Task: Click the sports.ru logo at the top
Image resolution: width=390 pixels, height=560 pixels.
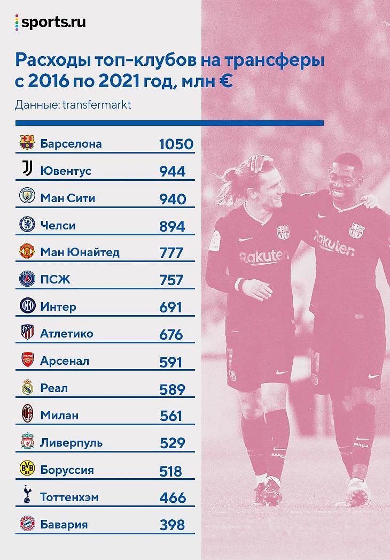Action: coord(51,23)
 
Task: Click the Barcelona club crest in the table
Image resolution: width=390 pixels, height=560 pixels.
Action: coord(27,143)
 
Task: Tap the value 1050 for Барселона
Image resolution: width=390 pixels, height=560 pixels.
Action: coord(176,144)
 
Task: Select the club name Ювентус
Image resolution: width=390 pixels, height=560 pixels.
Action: coord(66,171)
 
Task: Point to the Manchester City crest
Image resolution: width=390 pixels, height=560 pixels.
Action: coord(27,197)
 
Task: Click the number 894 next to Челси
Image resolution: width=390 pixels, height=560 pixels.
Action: coord(172,226)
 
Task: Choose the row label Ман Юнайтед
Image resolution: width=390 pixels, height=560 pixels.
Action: coord(80,252)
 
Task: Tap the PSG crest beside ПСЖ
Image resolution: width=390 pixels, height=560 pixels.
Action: coord(27,279)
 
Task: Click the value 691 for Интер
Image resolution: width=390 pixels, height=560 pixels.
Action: coord(170,308)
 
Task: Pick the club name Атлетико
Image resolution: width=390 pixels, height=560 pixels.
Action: coord(67,333)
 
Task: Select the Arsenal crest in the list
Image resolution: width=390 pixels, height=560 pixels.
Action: coord(27,360)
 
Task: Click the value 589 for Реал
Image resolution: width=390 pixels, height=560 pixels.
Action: coord(172,389)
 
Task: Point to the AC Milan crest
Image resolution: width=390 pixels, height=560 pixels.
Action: coord(27,415)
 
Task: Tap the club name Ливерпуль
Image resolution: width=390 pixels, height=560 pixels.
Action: coord(72,443)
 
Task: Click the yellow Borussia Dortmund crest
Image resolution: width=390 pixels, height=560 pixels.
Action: coord(27,469)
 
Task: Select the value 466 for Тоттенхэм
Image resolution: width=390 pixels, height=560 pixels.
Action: coord(173,498)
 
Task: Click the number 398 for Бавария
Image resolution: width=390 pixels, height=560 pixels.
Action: coord(172,525)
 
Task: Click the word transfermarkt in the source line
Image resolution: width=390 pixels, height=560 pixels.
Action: coord(97,105)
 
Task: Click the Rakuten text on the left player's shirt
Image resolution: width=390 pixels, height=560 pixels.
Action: coord(263,257)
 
